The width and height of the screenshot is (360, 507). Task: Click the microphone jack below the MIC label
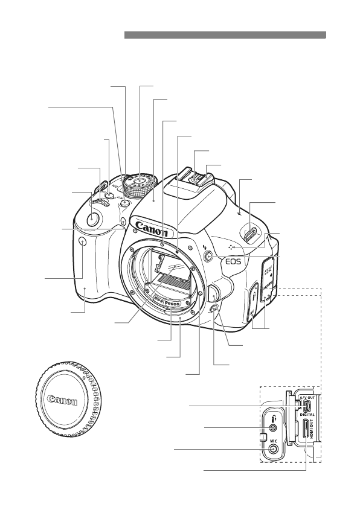point(274,450)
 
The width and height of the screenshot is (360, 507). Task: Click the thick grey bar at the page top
point(225,36)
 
